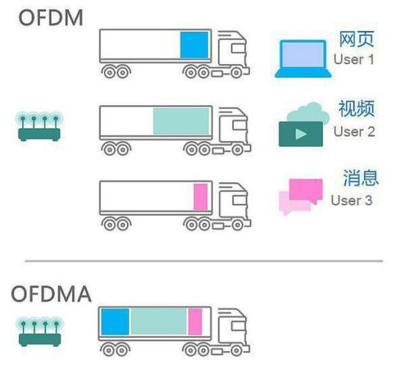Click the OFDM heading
click(51, 18)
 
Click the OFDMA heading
click(51, 294)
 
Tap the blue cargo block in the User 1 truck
click(194, 45)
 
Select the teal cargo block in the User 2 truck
click(181, 121)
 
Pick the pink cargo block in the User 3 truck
click(201, 197)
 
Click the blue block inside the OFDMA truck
click(115, 322)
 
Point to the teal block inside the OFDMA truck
click(158, 322)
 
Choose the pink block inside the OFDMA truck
click(195, 322)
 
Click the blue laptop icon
click(303, 59)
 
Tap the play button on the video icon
click(301, 134)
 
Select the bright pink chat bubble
click(306, 191)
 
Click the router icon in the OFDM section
click(39, 127)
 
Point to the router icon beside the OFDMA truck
click(40, 332)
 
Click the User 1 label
click(354, 60)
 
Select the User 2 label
click(355, 132)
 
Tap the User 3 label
click(352, 200)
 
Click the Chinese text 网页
click(357, 39)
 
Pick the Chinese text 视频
click(357, 108)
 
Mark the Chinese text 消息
click(360, 177)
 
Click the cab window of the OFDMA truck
click(238, 326)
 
